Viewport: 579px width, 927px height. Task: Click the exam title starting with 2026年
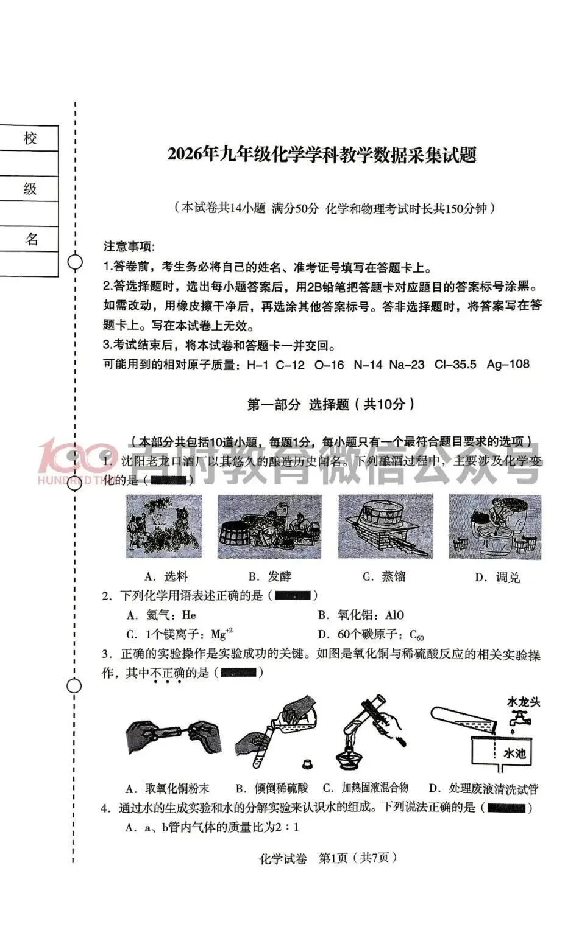click(321, 155)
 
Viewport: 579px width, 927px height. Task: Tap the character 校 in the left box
click(30, 138)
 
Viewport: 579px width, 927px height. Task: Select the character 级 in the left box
click(30, 189)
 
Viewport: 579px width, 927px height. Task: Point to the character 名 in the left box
click(32, 239)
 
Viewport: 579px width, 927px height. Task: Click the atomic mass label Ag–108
click(508, 365)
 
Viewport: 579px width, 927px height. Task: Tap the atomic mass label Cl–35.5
click(455, 365)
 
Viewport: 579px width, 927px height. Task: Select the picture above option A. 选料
click(163, 526)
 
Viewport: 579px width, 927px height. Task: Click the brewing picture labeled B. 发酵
click(269, 526)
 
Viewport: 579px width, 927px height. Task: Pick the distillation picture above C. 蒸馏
click(385, 526)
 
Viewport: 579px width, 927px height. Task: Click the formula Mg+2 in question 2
click(222, 634)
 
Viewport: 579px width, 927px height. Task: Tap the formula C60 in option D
click(417, 635)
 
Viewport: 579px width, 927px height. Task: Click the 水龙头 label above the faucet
click(524, 702)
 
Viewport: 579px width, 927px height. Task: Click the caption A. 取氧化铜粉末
click(167, 789)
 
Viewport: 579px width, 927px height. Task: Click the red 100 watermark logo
click(70, 458)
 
